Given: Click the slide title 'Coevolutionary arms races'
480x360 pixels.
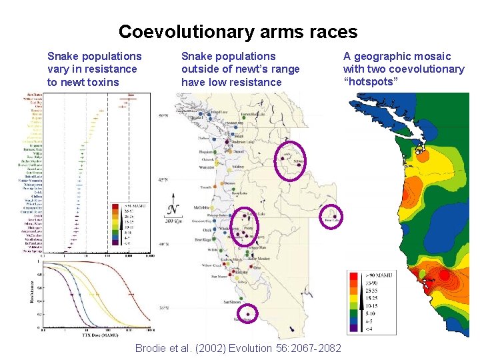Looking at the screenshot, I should pos(238,31).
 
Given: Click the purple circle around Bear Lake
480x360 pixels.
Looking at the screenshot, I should pos(331,217).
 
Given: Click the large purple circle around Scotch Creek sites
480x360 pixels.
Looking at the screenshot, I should pos(291,161).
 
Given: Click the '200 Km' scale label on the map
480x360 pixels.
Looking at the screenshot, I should pos(173,221).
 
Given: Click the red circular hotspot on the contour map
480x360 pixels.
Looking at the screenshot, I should pos(444,275).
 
